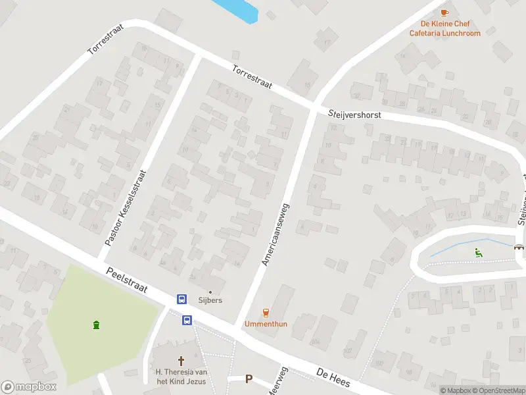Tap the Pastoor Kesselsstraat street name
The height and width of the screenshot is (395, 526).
124,207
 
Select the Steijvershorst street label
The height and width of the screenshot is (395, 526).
354,115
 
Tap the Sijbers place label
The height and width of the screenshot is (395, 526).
211,300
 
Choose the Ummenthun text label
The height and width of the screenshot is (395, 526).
266,324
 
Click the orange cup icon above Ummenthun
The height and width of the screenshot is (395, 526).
266,313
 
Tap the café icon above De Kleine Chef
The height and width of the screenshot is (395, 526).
445,13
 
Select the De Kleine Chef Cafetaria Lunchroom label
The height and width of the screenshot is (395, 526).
445,28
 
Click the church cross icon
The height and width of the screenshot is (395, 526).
181,361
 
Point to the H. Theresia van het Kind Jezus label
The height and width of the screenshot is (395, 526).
181,377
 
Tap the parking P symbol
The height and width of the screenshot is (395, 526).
249,379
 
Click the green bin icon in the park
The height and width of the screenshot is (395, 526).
97,324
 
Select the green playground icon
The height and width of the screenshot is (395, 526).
478,251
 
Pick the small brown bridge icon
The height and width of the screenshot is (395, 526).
519,247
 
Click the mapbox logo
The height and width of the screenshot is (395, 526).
29,387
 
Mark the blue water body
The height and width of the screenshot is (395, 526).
235,9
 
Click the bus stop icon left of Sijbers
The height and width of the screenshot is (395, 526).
181,299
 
